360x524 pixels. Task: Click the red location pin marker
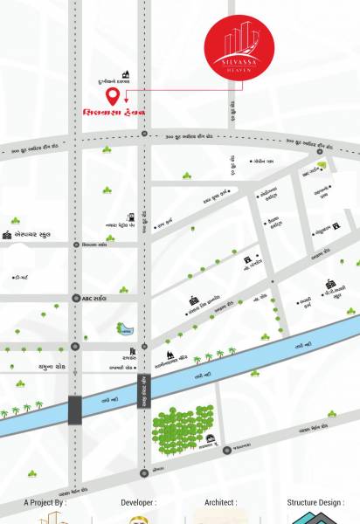pos(113,96)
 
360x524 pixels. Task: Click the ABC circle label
pos(94,298)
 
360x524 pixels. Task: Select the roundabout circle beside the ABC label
pos(74,298)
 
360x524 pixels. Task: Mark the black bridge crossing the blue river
pos(75,409)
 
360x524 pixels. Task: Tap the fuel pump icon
pos(131,215)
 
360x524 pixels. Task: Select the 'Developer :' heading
pos(139,503)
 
